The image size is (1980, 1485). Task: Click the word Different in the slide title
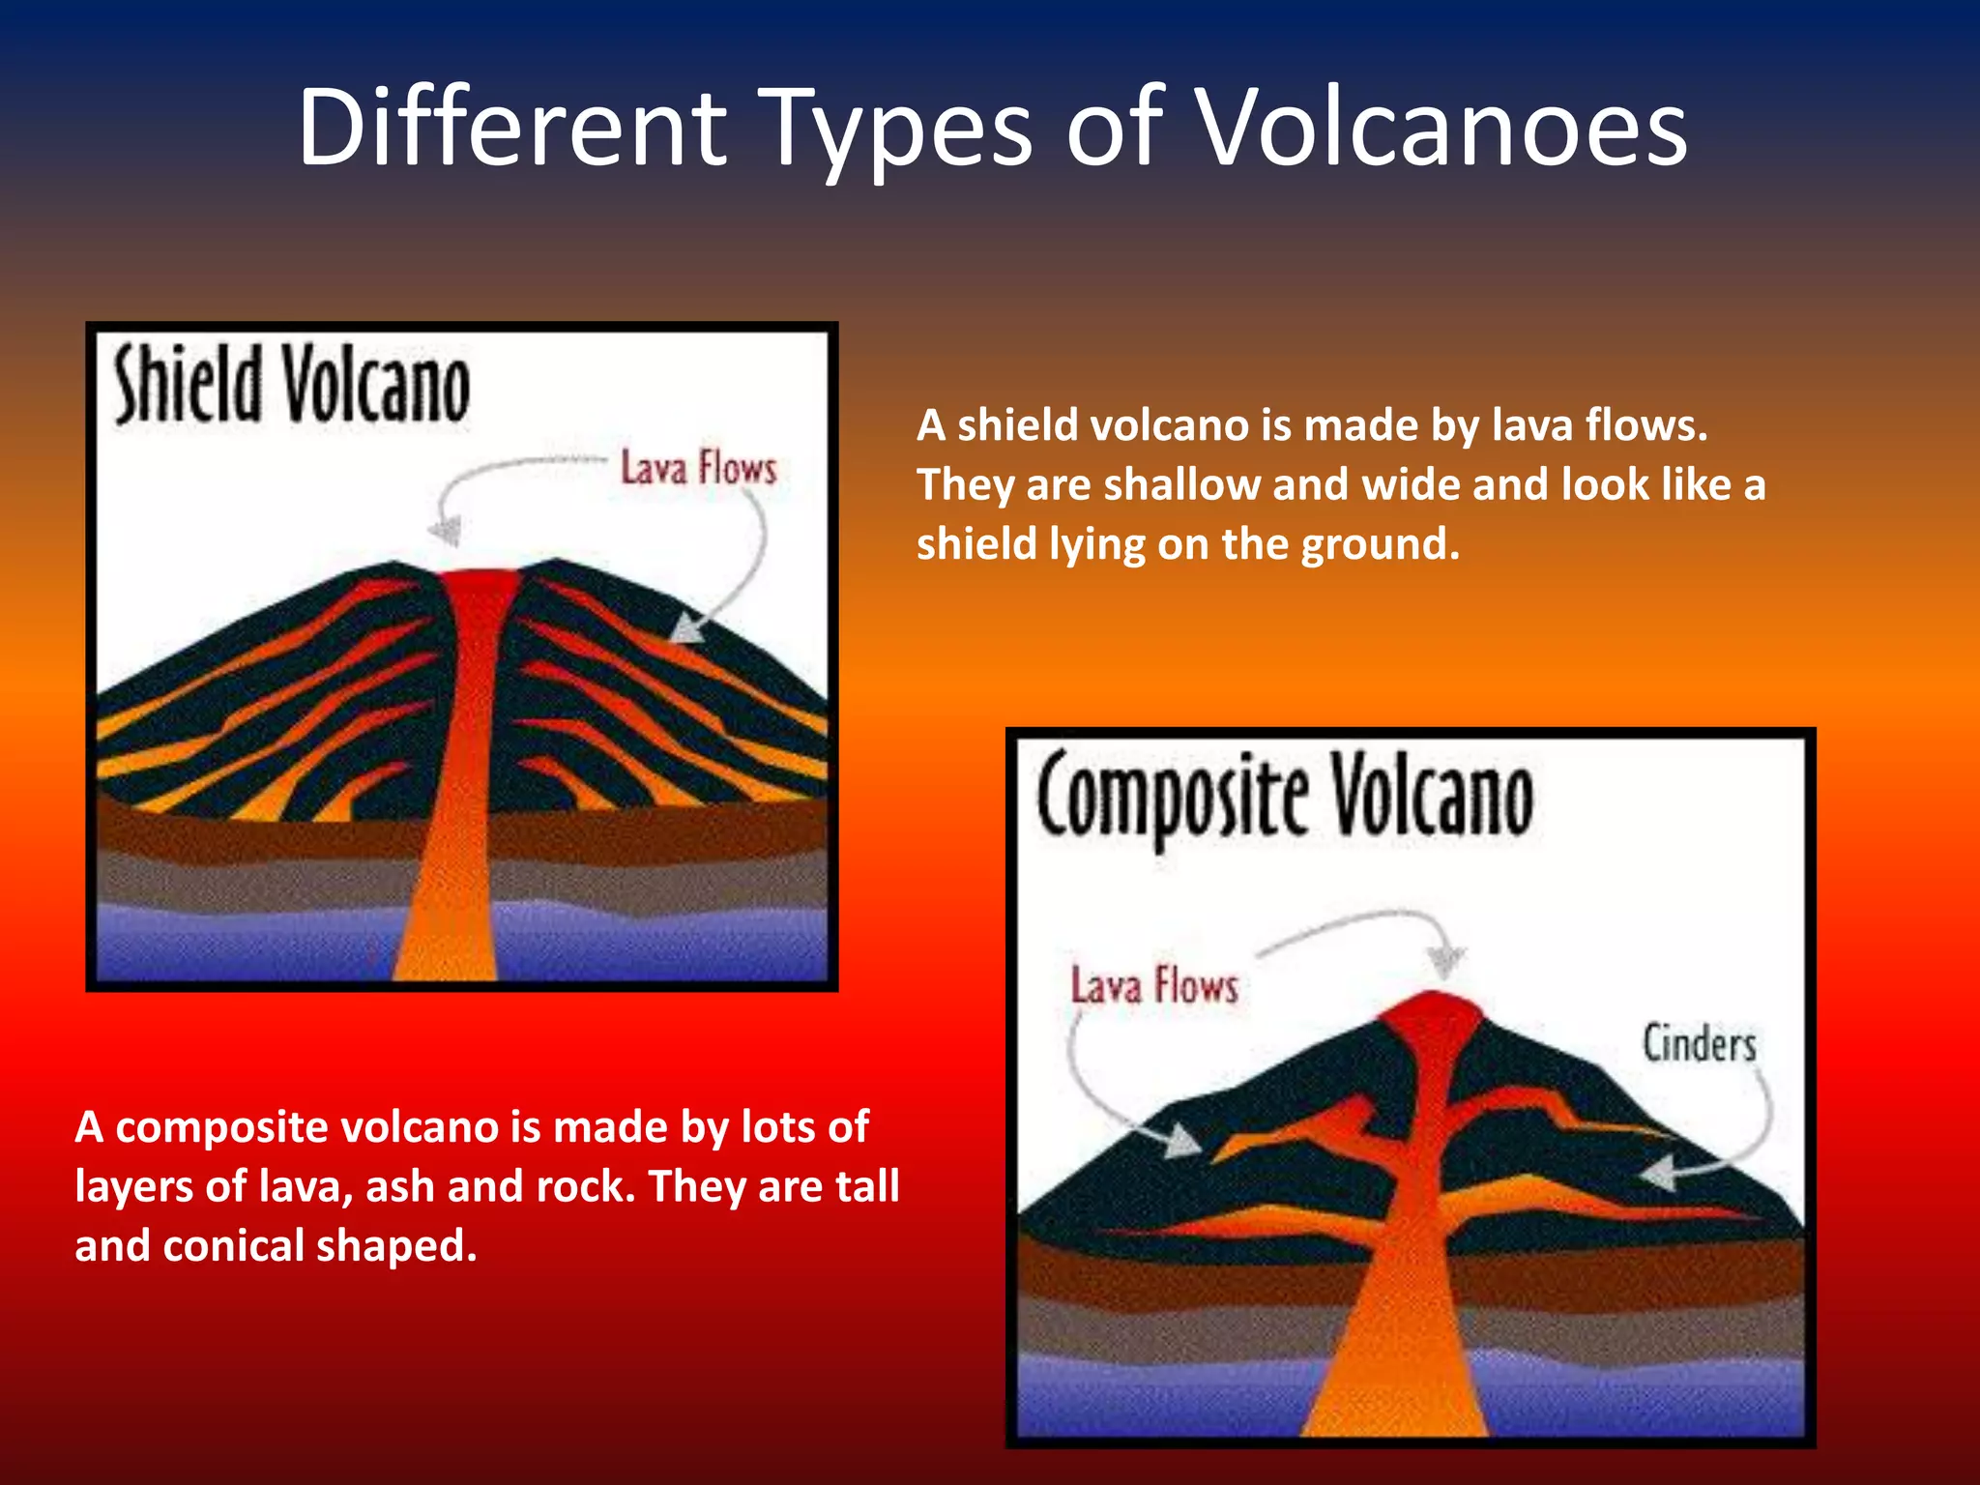(x=512, y=128)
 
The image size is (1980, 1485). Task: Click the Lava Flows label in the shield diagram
(x=698, y=468)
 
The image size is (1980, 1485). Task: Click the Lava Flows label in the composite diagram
(x=1154, y=986)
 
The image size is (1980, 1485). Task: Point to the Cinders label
(x=1699, y=1044)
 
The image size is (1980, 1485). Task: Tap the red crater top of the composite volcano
(x=1433, y=1015)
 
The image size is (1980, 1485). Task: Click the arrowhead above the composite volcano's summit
(x=1446, y=962)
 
